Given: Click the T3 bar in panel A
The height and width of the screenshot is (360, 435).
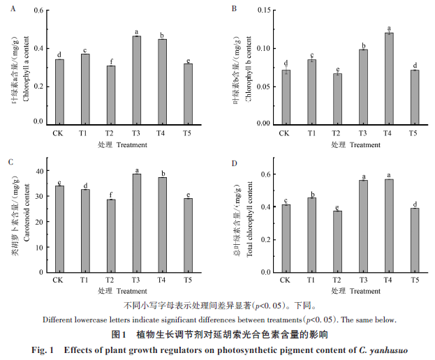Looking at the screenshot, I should (137, 80).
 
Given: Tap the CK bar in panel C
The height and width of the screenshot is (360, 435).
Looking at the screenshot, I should (59, 228).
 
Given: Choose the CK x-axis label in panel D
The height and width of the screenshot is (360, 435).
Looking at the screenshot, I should (284, 280).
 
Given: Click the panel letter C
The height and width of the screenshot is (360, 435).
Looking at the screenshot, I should (10, 162).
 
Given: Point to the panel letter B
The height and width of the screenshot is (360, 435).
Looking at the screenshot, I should (235, 8).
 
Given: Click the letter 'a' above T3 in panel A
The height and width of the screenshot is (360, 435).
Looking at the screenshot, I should (137, 31).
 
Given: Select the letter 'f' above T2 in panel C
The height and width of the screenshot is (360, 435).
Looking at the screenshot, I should (111, 195).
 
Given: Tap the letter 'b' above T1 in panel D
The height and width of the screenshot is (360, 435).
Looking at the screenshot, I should (311, 194).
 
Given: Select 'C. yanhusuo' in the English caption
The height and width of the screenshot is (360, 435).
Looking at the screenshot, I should (382, 349).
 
